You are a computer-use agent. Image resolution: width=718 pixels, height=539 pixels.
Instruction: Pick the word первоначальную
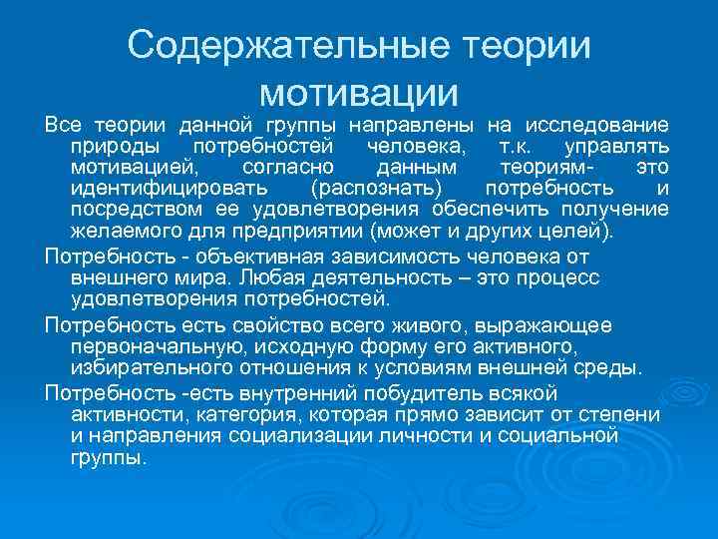(x=159, y=346)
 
